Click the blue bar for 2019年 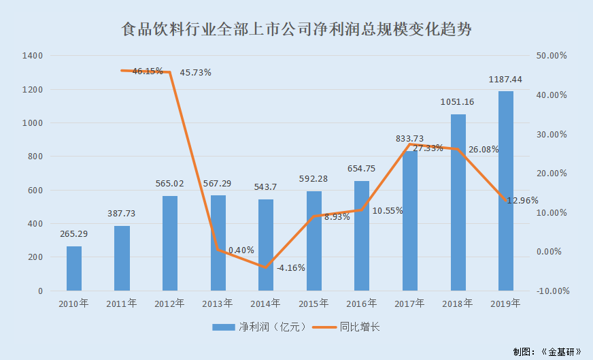coord(506,191)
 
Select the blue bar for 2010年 coord(74,269)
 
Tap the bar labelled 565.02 coord(170,244)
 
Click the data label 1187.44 coord(506,80)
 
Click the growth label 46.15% coord(148,71)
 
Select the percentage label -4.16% coord(290,267)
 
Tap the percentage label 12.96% coord(522,201)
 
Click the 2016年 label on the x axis coord(362,304)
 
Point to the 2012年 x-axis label coord(170,304)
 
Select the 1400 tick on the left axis coord(33,56)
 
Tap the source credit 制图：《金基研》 coord(547,351)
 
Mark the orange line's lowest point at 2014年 coord(266,267)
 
